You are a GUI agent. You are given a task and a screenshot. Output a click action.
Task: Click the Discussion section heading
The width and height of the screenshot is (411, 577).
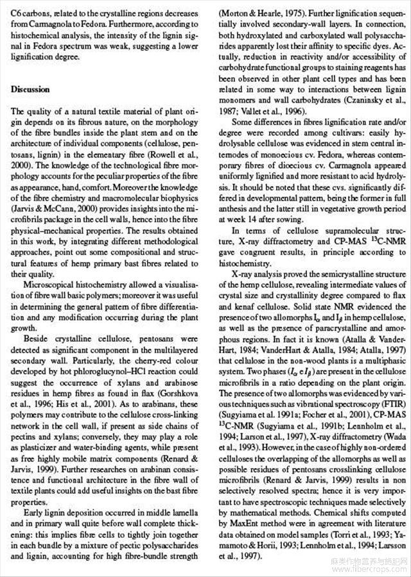[x=31, y=90]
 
